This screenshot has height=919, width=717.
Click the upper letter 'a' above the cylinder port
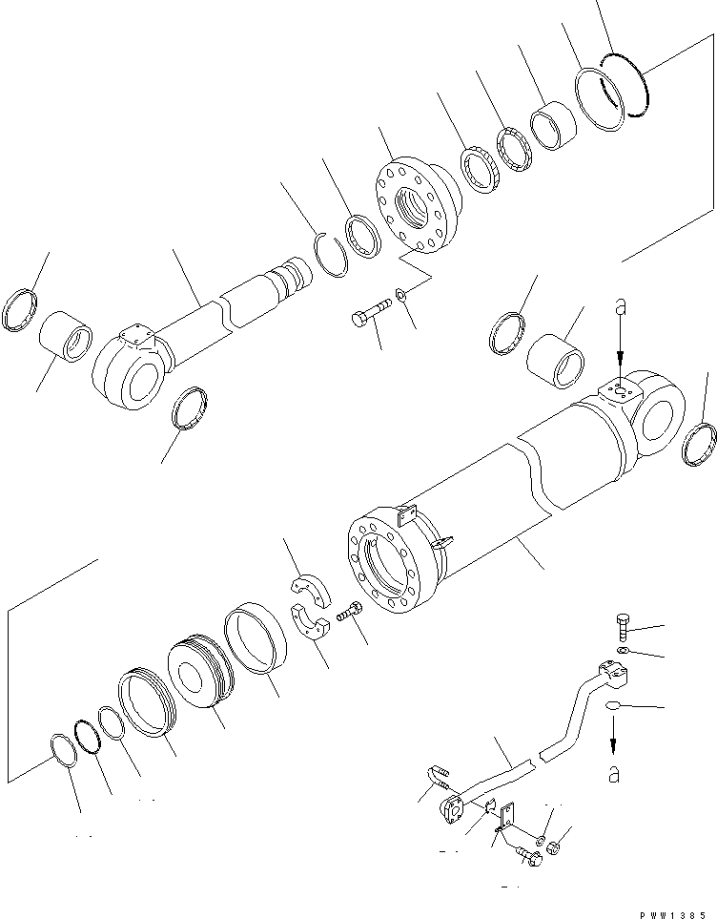coord(620,308)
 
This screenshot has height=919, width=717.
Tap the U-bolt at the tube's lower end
coord(438,780)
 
